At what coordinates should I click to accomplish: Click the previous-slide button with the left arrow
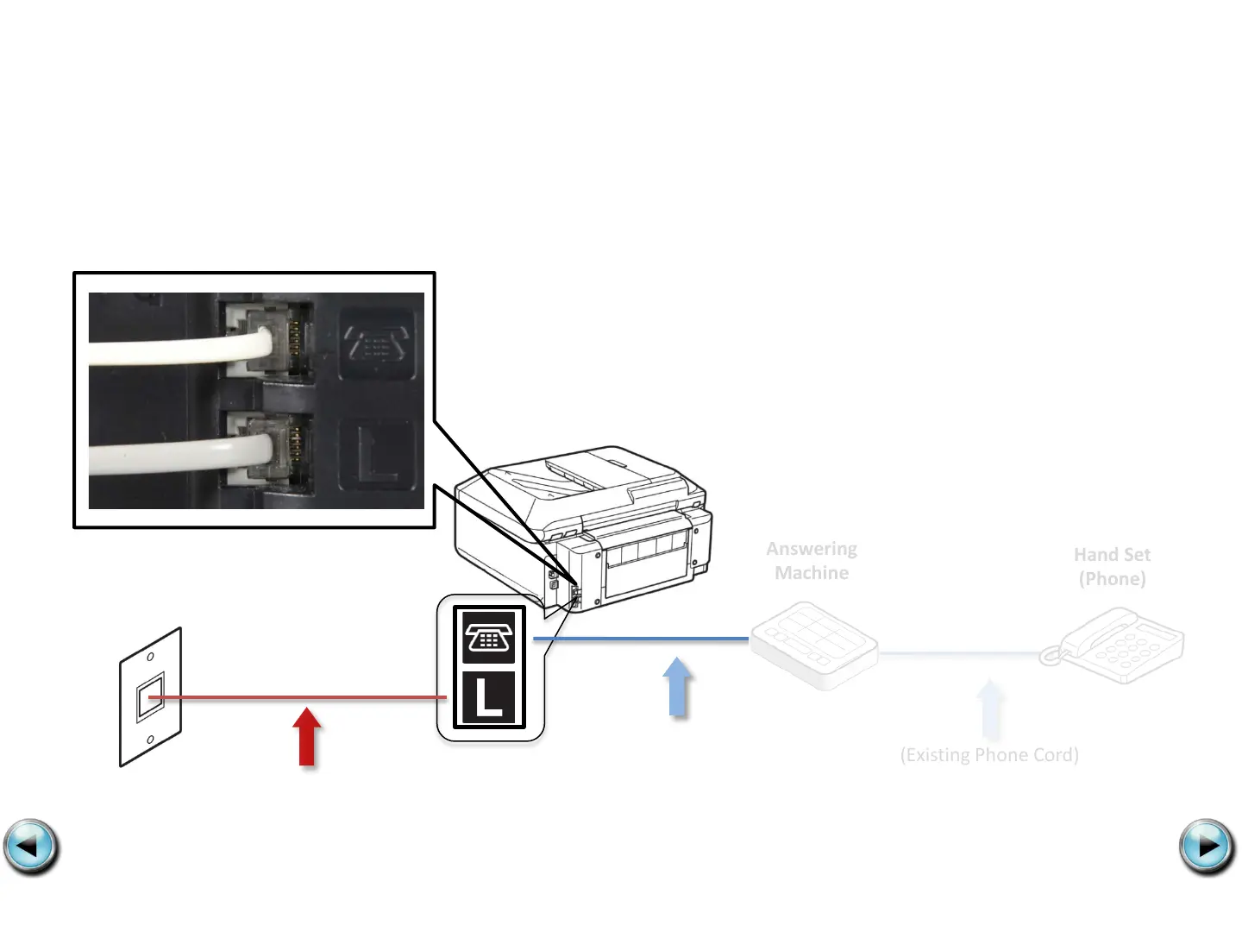click(31, 847)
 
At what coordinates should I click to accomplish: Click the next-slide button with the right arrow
click(1207, 847)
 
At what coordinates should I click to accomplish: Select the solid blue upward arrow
click(679, 688)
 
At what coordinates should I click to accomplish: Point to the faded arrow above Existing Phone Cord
click(990, 709)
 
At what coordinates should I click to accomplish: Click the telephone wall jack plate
click(150, 696)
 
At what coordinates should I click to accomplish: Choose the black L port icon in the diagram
click(489, 697)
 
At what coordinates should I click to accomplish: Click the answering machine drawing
click(813, 645)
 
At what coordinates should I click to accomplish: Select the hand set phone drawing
click(1113, 645)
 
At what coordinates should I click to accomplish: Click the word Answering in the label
click(812, 549)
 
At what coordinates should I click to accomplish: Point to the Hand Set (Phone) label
click(1112, 566)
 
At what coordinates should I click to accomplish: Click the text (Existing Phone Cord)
click(989, 755)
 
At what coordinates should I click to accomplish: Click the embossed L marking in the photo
click(377, 454)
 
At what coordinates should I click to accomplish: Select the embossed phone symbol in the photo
click(377, 343)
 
